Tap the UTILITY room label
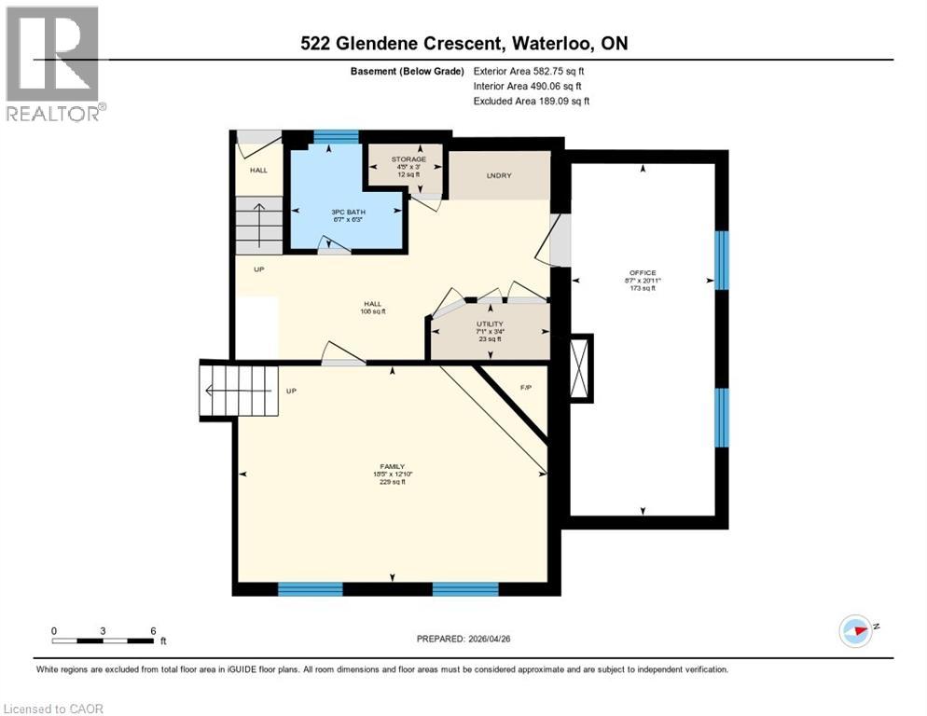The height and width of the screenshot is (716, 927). (490, 324)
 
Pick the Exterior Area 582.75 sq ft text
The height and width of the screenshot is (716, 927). (529, 71)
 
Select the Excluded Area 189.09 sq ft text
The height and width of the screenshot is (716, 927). (532, 101)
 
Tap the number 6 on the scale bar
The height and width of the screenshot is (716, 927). (152, 629)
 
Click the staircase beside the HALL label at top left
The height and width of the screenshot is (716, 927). (257, 225)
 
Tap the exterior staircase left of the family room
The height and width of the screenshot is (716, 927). (238, 391)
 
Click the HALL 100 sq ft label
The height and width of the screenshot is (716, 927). (373, 308)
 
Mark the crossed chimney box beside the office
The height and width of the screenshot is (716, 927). (581, 367)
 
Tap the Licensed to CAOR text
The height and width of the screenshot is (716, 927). (54, 709)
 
